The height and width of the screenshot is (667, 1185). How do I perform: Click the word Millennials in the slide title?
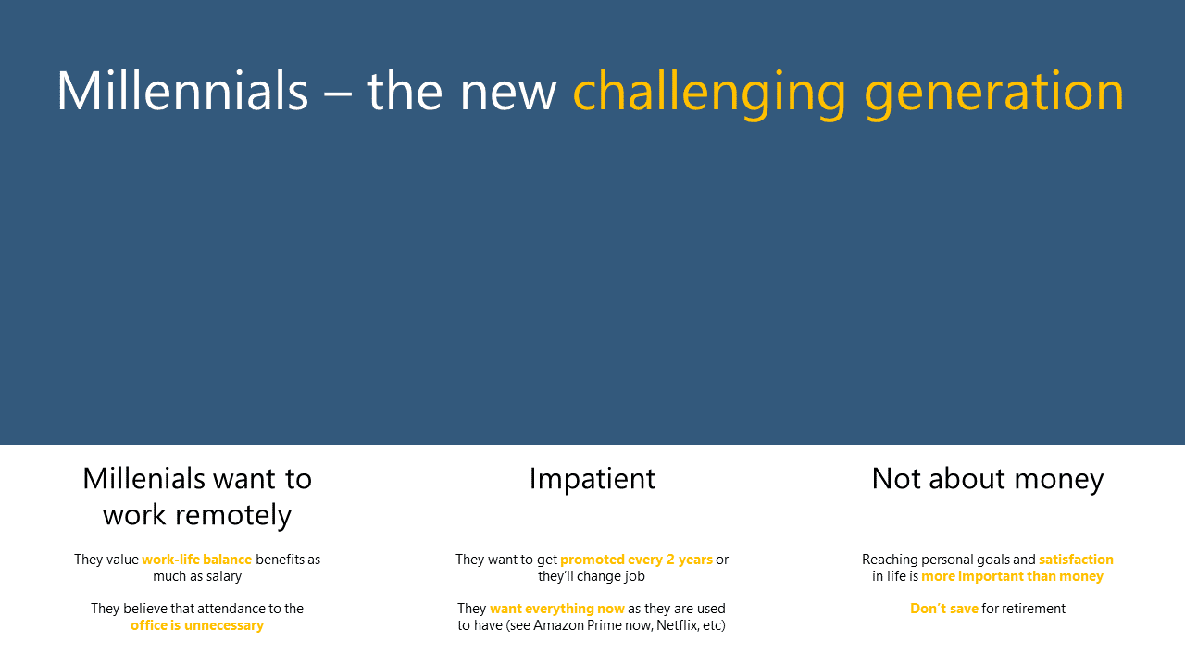pyautogui.click(x=182, y=91)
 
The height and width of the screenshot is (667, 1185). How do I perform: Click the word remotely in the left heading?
pyautogui.click(x=197, y=515)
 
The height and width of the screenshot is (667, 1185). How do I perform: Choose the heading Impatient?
pyautogui.click(x=592, y=479)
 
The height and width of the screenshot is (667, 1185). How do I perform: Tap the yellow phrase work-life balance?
pyautogui.click(x=197, y=560)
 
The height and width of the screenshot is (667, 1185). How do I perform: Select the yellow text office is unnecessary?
pyautogui.click(x=197, y=625)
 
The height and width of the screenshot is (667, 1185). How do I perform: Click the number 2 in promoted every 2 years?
pyautogui.click(x=670, y=560)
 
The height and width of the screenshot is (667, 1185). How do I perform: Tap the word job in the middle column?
pyautogui.click(x=634, y=576)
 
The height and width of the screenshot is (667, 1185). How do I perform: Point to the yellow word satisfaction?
pyautogui.click(x=1076, y=560)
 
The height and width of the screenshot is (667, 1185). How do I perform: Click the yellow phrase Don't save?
pyautogui.click(x=943, y=609)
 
